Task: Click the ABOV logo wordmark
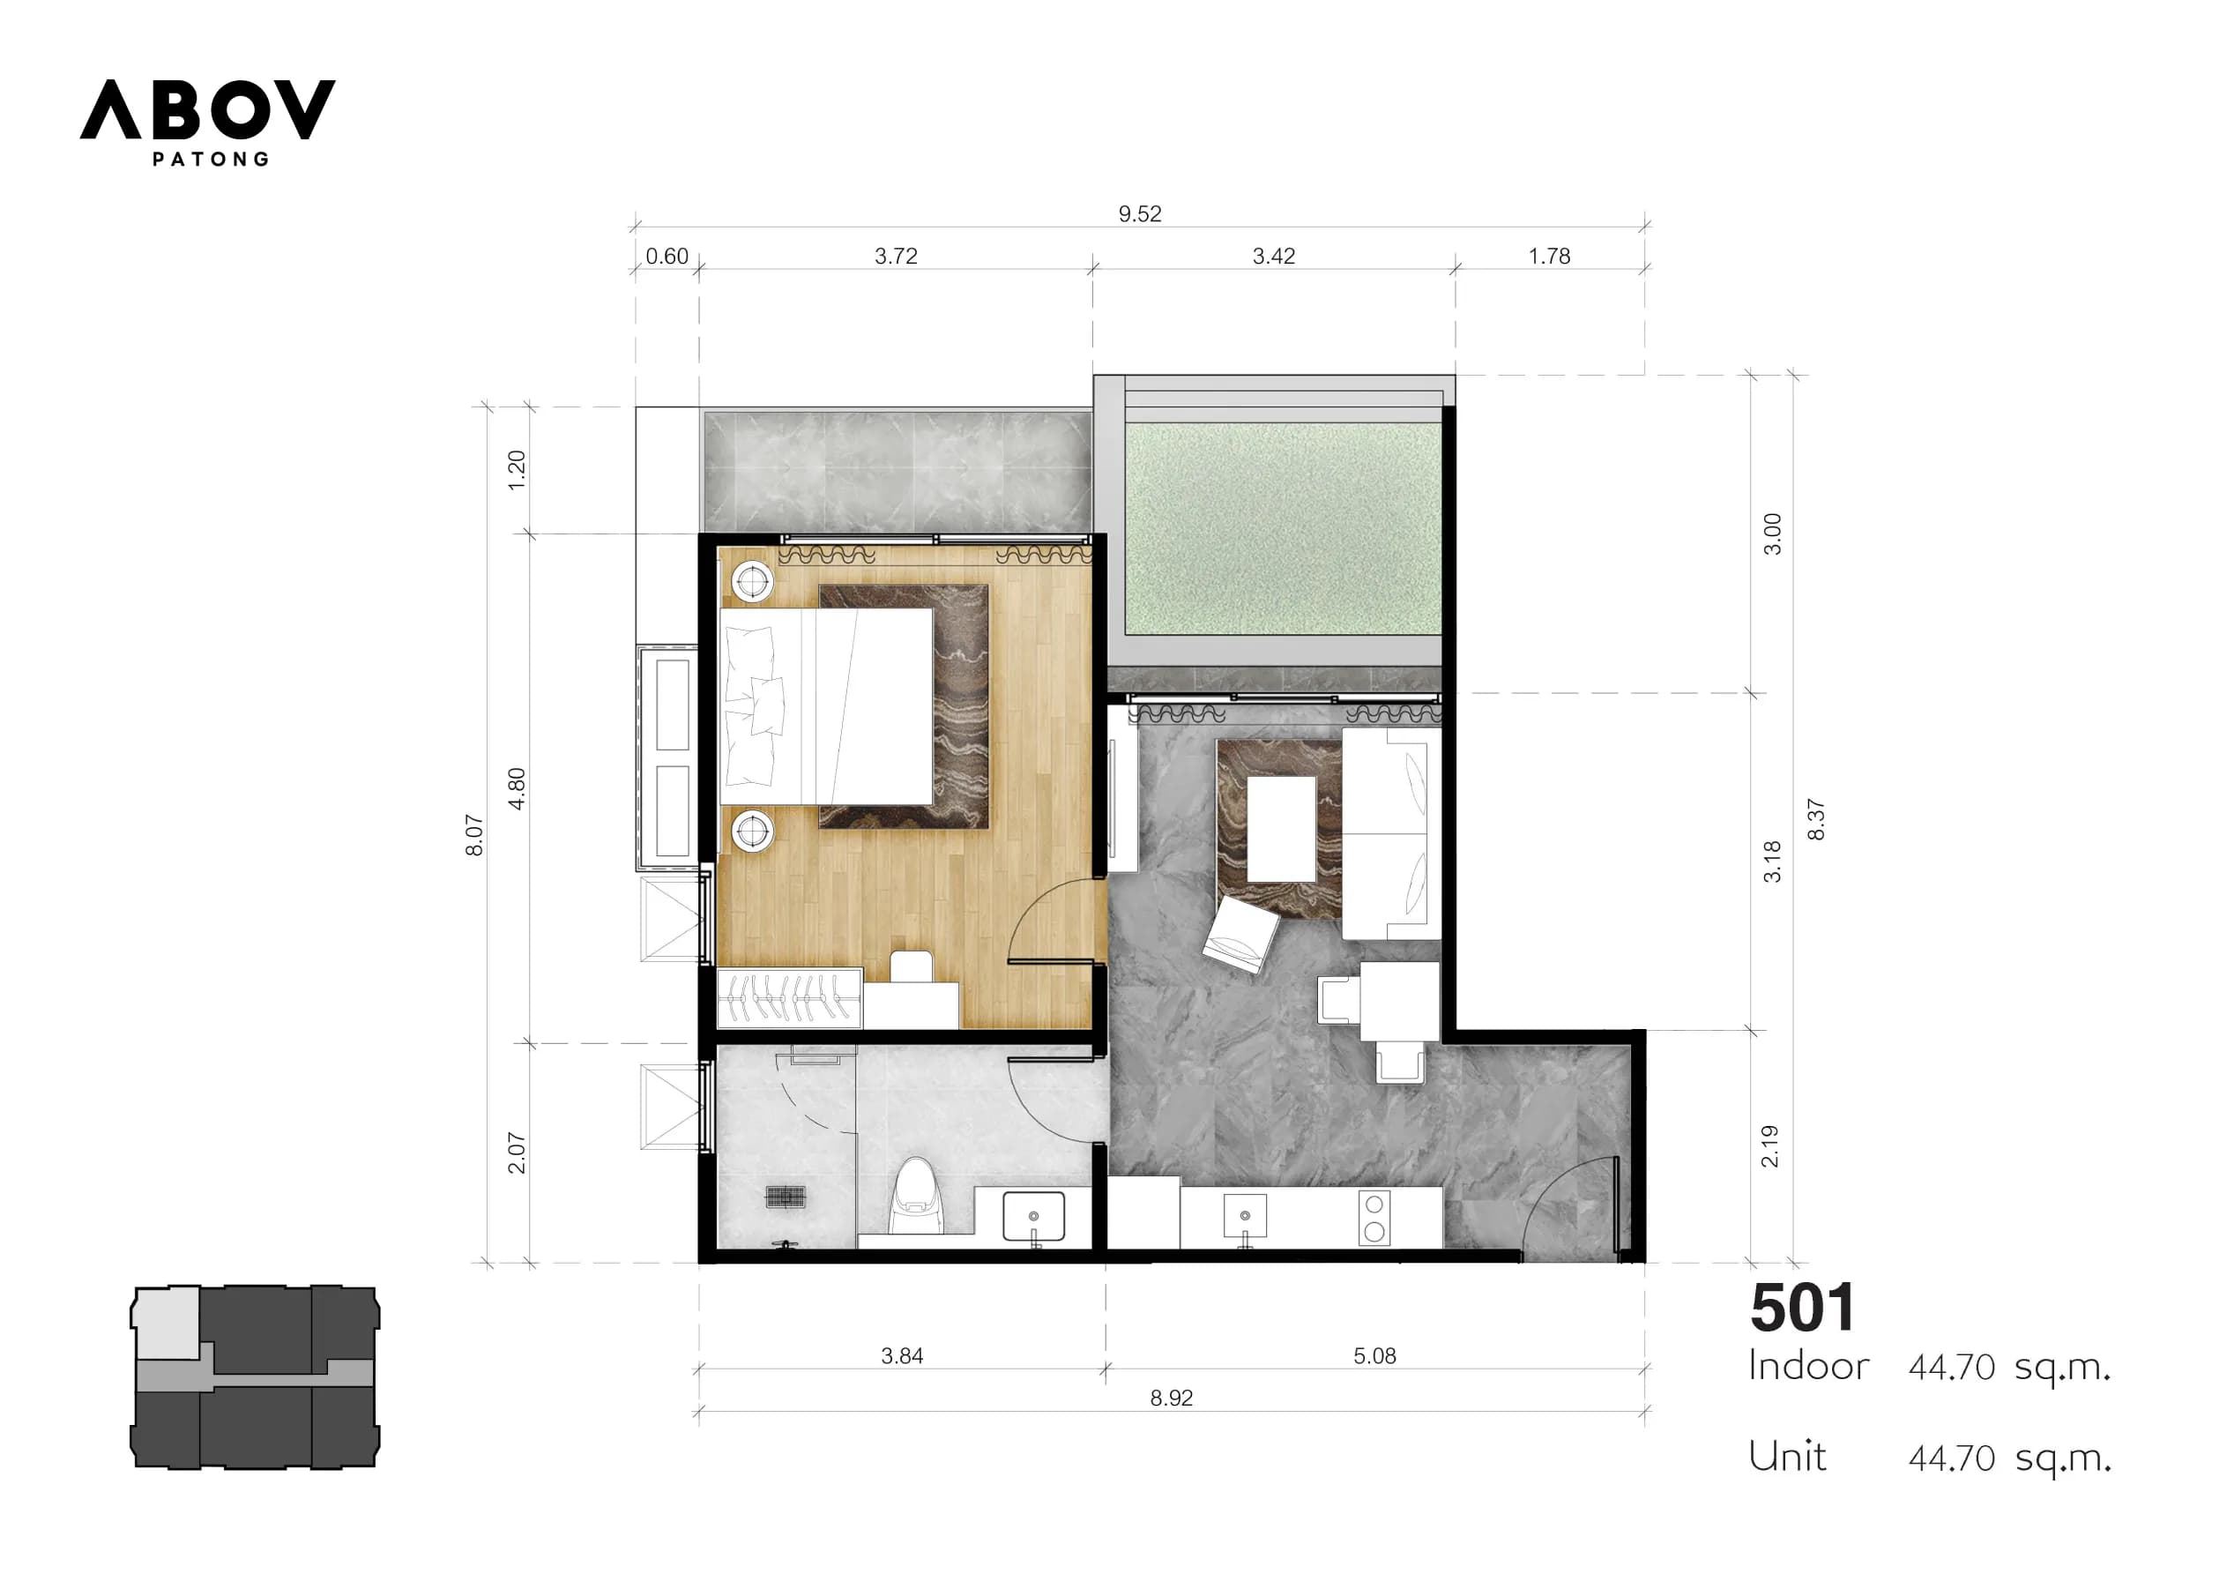(207, 109)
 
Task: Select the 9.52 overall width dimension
(1140, 213)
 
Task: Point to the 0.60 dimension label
(667, 257)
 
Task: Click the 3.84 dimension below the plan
(901, 1355)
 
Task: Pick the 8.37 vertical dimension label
(1816, 819)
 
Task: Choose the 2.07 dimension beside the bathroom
(516, 1153)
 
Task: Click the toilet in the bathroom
(916, 1196)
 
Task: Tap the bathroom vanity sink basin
(1033, 1216)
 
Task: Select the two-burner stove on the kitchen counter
(1374, 1218)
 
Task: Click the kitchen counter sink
(1245, 1215)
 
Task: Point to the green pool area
(1282, 529)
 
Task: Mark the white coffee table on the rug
(1281, 829)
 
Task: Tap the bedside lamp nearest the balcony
(752, 582)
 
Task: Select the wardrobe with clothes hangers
(788, 997)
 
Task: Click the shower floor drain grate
(785, 1197)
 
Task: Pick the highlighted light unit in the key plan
(167, 1322)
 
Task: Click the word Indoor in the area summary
(1808, 1366)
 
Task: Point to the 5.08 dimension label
(1374, 1355)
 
